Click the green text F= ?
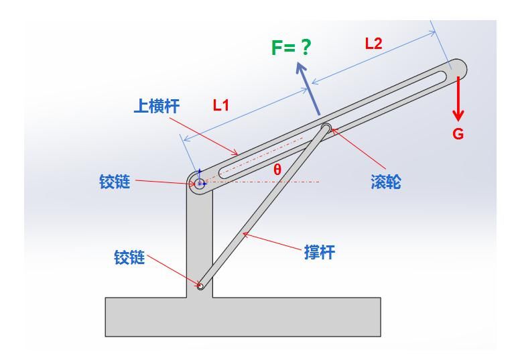[x=292, y=48]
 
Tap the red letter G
[x=458, y=134]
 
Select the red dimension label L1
[x=221, y=105]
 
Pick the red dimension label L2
[x=373, y=44]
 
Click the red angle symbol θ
[x=277, y=170]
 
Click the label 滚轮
[x=385, y=182]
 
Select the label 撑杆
[x=319, y=253]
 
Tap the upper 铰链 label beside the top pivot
[x=115, y=182]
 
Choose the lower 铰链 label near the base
[x=129, y=257]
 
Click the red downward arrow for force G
[x=458, y=98]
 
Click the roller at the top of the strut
[x=326, y=127]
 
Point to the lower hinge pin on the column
[x=200, y=286]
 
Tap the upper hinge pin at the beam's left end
[x=199, y=182]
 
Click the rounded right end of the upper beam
[x=458, y=68]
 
